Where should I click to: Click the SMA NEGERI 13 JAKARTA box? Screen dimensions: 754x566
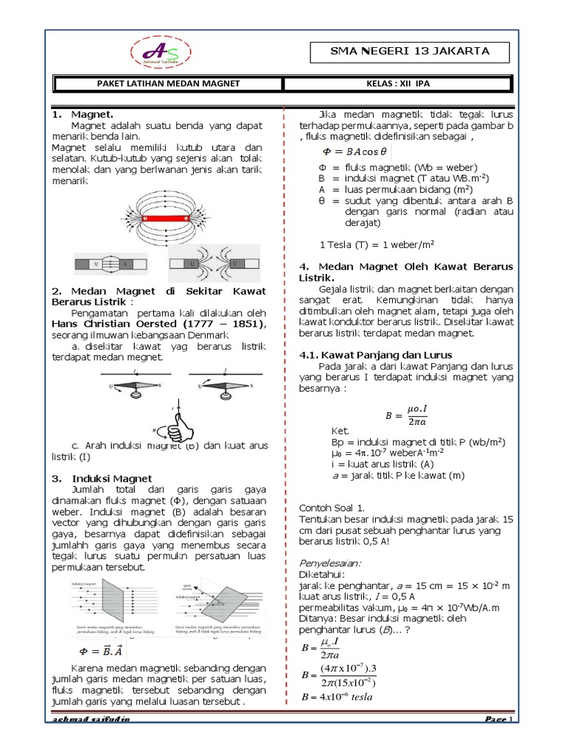(x=408, y=52)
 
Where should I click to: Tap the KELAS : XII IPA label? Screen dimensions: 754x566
(x=398, y=84)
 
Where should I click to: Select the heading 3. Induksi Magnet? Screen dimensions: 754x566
(x=102, y=478)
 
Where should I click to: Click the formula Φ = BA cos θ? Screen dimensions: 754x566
(x=354, y=152)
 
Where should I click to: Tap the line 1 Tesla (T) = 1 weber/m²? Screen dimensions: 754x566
(x=366, y=244)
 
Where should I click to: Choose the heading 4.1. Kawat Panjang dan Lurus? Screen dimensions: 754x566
(x=375, y=355)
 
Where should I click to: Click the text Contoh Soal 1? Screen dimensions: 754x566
(x=332, y=508)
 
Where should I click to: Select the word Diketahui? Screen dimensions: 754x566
(x=321, y=572)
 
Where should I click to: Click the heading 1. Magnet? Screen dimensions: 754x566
(x=82, y=115)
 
